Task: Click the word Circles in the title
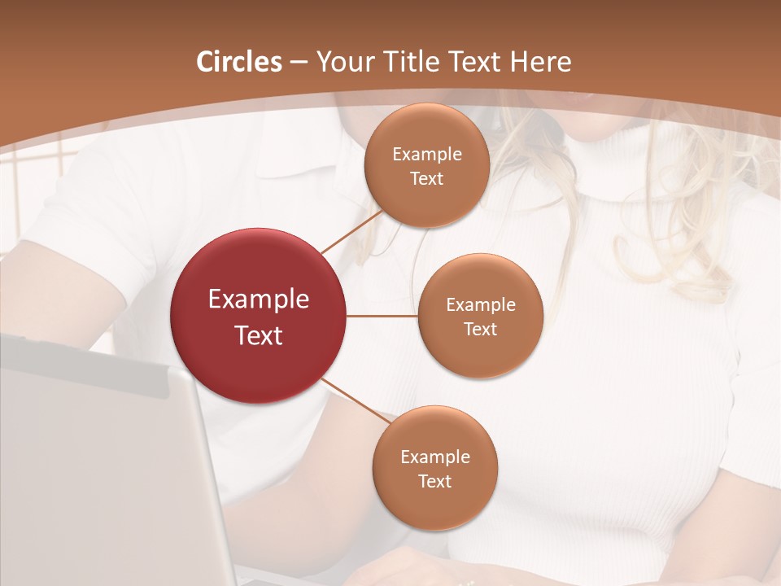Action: pos(239,62)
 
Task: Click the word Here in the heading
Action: pos(541,62)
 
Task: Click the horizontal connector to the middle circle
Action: pos(382,316)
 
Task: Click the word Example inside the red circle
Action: pos(259,300)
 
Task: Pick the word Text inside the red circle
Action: pos(259,335)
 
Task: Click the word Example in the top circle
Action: pos(426,154)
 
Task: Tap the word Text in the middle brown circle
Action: pos(480,329)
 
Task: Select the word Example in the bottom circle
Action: pos(434,457)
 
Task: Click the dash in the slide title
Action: pos(299,62)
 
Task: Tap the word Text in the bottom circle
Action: pos(434,481)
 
